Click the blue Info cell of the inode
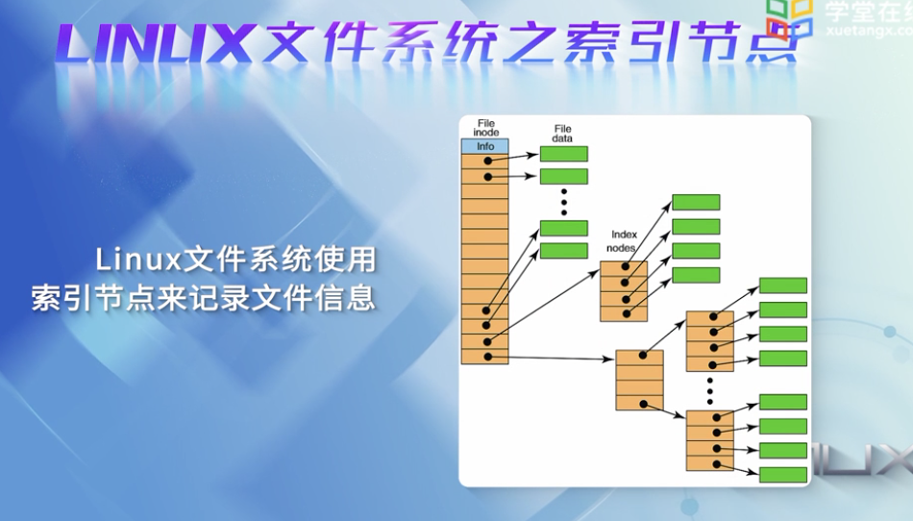coord(485,147)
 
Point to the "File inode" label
coord(486,127)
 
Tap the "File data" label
coord(562,134)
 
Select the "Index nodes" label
coord(625,240)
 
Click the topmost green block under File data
coord(563,154)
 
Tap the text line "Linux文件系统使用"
coord(235,260)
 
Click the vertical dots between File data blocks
coord(564,202)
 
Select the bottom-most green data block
coord(782,475)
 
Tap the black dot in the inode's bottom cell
coord(488,357)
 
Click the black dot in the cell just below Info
coord(488,161)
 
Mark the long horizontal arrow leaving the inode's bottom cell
coord(557,359)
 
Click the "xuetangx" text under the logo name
coord(861,31)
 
